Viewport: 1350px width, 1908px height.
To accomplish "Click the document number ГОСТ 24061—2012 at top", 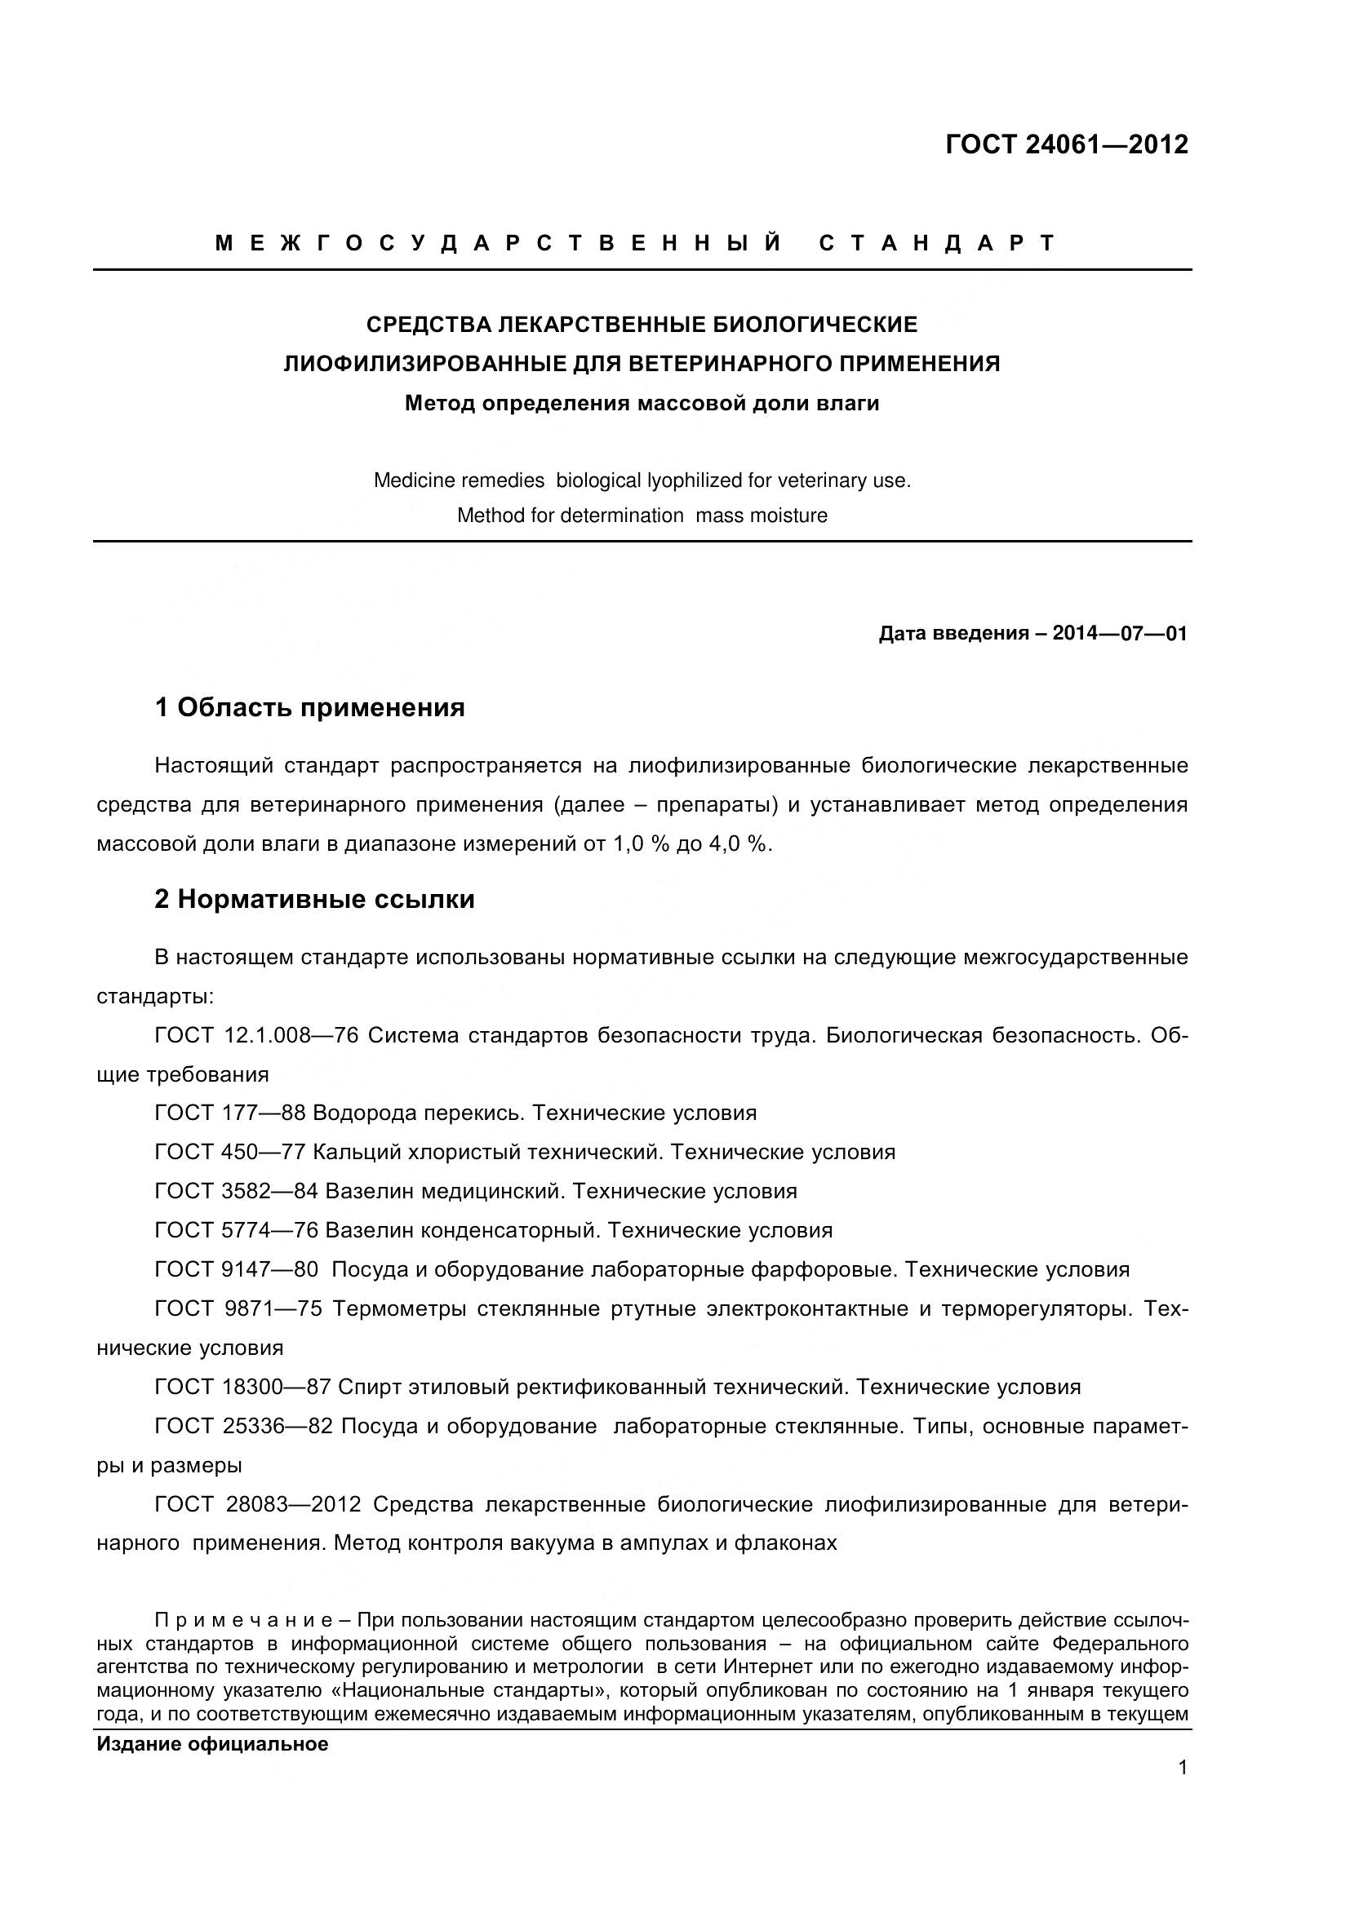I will click(1067, 144).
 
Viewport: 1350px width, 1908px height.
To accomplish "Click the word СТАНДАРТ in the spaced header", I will click(937, 242).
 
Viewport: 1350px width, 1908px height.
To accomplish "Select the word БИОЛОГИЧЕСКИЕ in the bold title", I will click(815, 324).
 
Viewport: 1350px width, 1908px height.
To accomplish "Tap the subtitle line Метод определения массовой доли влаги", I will click(642, 404).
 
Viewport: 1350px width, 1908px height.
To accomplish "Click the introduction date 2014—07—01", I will click(1120, 633).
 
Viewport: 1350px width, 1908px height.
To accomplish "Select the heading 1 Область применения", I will click(310, 708).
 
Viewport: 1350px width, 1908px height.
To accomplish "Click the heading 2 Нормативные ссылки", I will click(315, 900).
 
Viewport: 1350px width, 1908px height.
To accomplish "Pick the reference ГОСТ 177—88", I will click(230, 1113).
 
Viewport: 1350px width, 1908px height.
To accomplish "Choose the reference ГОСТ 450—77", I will click(230, 1152).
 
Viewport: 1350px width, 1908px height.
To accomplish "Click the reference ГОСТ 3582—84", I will click(236, 1191).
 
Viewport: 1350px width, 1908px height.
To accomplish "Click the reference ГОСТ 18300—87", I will click(242, 1387).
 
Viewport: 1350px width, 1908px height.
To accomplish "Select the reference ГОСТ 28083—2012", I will click(258, 1504).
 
